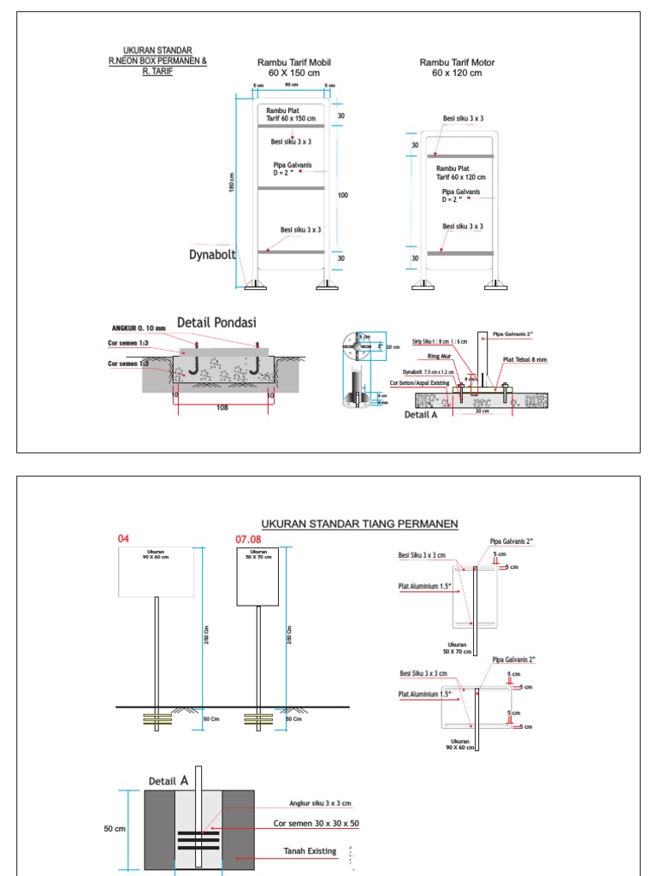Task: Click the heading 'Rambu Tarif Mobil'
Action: pyautogui.click(x=294, y=62)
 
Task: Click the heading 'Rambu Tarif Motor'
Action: pyautogui.click(x=457, y=62)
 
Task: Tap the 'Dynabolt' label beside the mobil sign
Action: pyautogui.click(x=212, y=254)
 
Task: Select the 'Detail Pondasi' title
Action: pyautogui.click(x=216, y=323)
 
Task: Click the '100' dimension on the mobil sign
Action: pyautogui.click(x=342, y=196)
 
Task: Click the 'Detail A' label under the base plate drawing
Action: pyautogui.click(x=420, y=414)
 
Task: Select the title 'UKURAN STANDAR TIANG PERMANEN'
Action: pyautogui.click(x=360, y=524)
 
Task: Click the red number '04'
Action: pyautogui.click(x=123, y=539)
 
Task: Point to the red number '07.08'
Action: pyautogui.click(x=248, y=539)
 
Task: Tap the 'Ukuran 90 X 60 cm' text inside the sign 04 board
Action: pyautogui.click(x=156, y=554)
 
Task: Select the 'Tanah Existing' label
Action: pyautogui.click(x=310, y=851)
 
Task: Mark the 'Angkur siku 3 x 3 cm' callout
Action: pyautogui.click(x=321, y=804)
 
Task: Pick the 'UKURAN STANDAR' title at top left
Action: pyautogui.click(x=157, y=50)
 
